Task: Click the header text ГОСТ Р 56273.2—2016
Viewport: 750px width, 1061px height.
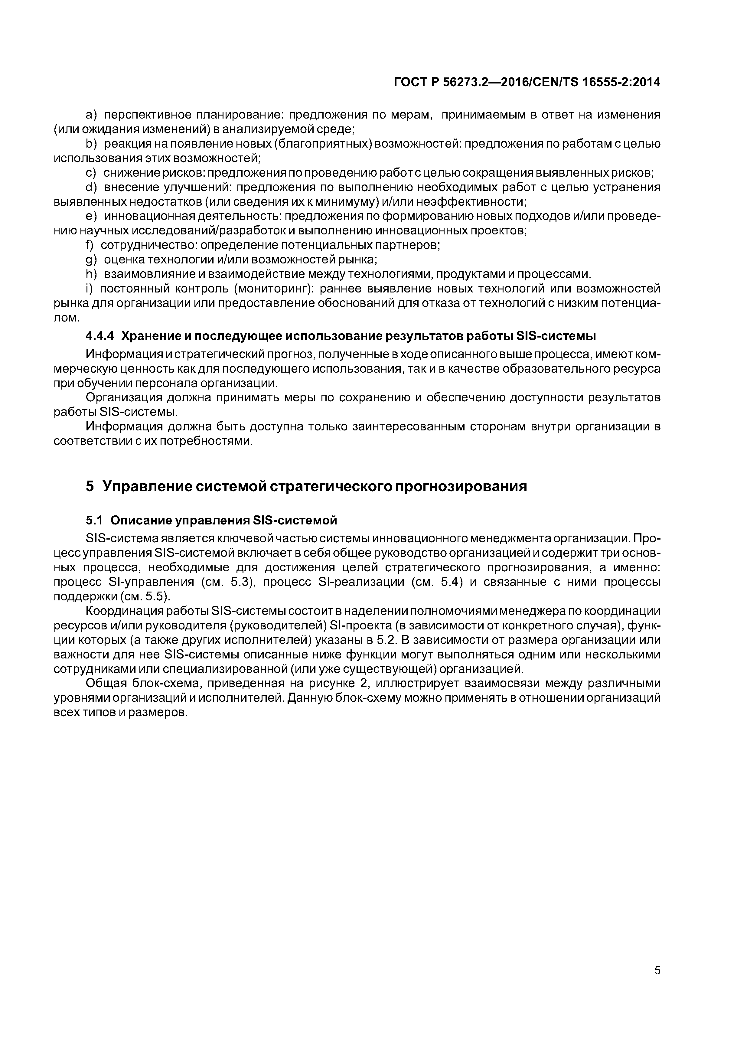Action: [462, 83]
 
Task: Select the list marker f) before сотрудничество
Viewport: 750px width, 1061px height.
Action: [89, 245]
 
